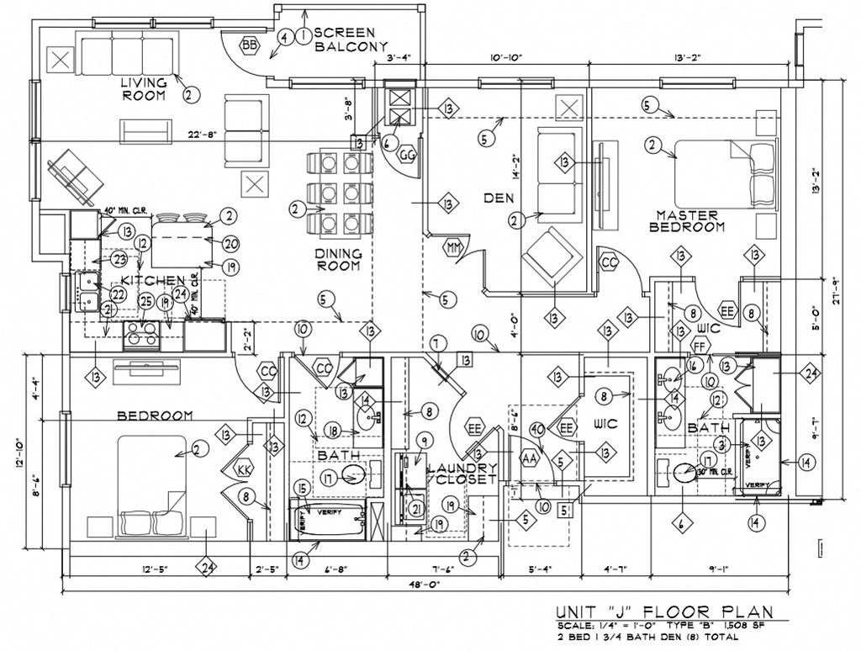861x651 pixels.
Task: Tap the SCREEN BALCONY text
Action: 351,40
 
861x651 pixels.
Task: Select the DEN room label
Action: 499,198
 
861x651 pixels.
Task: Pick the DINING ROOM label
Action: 338,259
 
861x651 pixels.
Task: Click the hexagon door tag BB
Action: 250,45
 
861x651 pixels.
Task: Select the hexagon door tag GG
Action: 408,156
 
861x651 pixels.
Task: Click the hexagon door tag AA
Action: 530,459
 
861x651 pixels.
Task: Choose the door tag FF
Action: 698,345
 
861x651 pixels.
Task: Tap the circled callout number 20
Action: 232,243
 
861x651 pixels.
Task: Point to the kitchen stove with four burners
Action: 141,335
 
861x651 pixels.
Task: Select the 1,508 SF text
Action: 746,627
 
